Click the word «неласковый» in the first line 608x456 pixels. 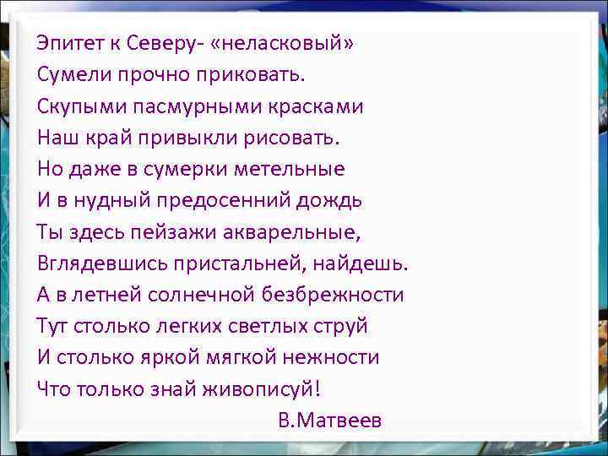tap(285, 43)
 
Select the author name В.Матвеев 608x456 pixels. tap(329, 421)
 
